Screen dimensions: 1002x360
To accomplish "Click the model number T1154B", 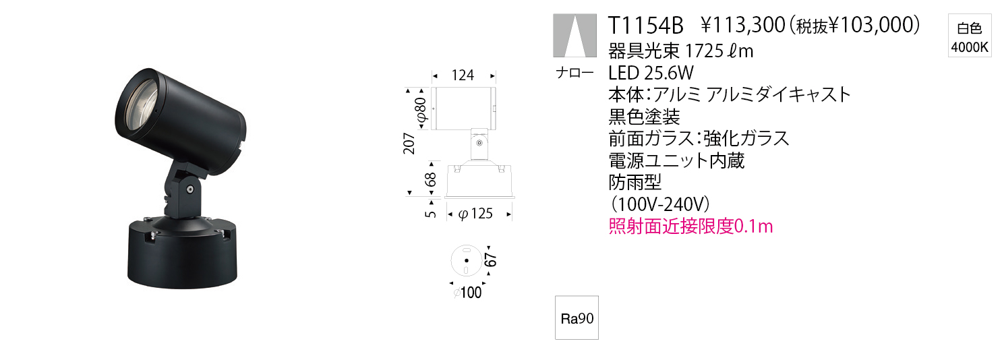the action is (x=645, y=26).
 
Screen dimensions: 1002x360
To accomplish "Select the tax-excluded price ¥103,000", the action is (x=874, y=26).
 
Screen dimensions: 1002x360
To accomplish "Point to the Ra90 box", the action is (x=577, y=318).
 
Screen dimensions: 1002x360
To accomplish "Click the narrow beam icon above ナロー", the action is (x=574, y=36).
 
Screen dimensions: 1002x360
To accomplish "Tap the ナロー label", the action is (x=574, y=72).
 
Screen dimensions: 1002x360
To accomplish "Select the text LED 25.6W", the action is (x=651, y=72).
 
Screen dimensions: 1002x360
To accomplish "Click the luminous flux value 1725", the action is (x=704, y=51).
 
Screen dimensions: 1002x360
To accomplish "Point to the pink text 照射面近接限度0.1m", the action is (x=690, y=227).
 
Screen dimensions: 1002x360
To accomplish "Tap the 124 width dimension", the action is (x=463, y=75).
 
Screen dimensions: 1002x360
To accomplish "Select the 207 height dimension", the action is (x=409, y=143).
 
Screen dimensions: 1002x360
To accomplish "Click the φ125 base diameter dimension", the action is (x=475, y=214).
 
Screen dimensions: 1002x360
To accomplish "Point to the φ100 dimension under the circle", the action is (x=467, y=293).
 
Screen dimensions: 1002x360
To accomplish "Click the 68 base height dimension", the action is (x=430, y=180).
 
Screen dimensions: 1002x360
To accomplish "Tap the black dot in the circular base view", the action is (x=467, y=260).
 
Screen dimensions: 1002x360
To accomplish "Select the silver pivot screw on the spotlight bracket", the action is (x=190, y=189).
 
